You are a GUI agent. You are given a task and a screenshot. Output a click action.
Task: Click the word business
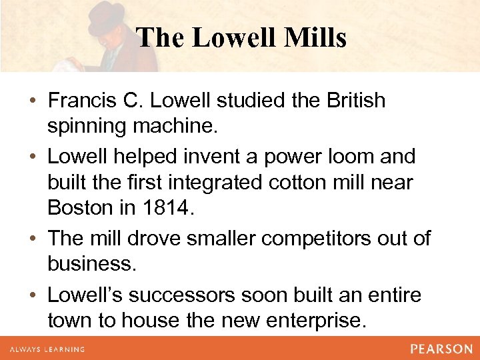click(92, 263)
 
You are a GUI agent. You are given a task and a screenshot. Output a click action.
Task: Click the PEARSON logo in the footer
click(441, 348)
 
